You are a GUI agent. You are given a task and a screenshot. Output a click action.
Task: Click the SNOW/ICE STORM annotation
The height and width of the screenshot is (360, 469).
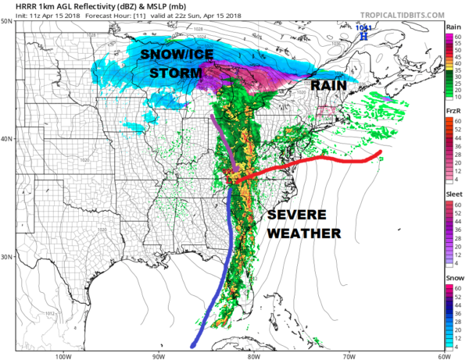pos(171,64)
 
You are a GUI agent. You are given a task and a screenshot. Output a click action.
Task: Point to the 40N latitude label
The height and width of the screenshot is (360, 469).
pos(6,139)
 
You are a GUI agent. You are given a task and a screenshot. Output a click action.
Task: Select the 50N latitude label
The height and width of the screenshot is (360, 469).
pos(6,21)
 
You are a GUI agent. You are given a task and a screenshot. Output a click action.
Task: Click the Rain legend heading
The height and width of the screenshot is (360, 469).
pos(453,27)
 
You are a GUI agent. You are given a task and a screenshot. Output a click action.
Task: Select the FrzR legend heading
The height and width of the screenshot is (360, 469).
pos(453,112)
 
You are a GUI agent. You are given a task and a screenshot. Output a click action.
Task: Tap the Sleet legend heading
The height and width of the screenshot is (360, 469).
pos(453,193)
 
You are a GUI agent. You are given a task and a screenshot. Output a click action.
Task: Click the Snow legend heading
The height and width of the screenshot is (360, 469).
pos(453,277)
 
